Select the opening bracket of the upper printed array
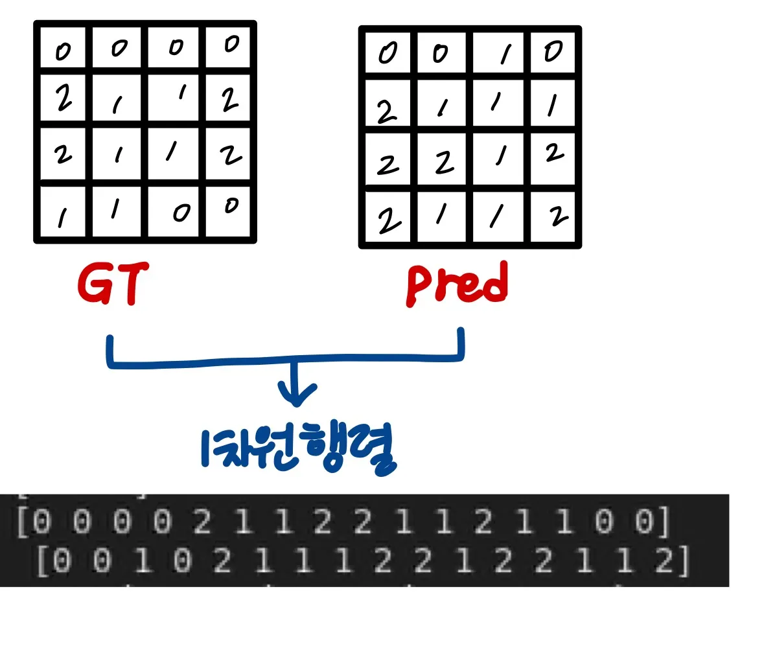click(x=23, y=523)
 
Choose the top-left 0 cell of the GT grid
click(x=63, y=51)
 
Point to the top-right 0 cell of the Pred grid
click(x=553, y=52)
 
